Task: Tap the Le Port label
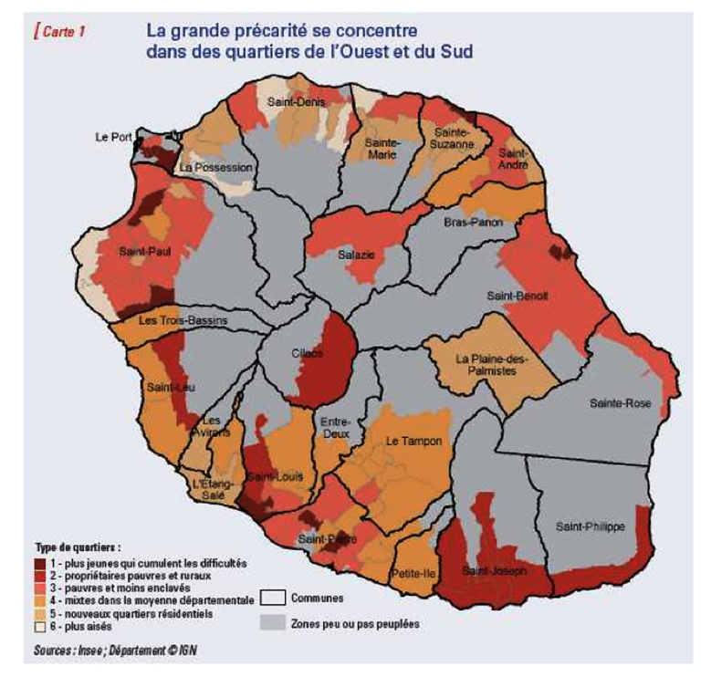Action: pyautogui.click(x=114, y=137)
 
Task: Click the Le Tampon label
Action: pyautogui.click(x=413, y=442)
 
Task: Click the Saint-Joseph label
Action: pyautogui.click(x=494, y=571)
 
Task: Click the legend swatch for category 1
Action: pyautogui.click(x=41, y=564)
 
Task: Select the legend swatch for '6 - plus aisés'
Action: pyautogui.click(x=41, y=627)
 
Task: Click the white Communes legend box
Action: pyautogui.click(x=273, y=599)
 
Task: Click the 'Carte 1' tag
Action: pyautogui.click(x=60, y=32)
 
